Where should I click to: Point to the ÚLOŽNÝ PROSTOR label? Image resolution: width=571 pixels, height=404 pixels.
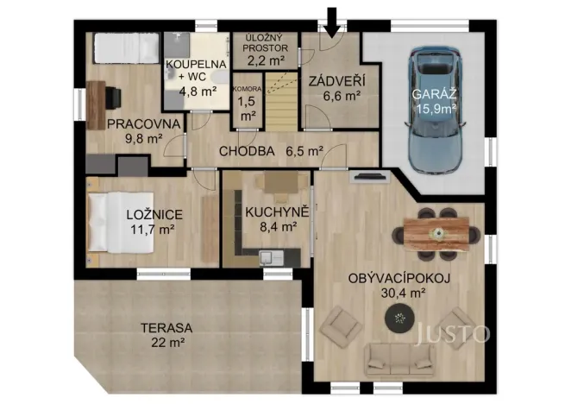[266, 43]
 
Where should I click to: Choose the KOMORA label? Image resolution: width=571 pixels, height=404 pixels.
[247, 89]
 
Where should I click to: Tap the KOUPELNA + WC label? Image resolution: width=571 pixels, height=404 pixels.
[196, 64]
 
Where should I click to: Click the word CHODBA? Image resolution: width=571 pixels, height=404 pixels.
[247, 151]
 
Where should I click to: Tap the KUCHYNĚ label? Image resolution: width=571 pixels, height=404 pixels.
[271, 211]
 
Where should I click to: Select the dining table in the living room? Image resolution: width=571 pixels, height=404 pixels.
[437, 231]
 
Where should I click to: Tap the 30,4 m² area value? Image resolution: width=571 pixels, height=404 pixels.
[399, 294]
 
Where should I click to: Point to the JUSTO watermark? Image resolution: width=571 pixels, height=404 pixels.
[454, 333]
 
